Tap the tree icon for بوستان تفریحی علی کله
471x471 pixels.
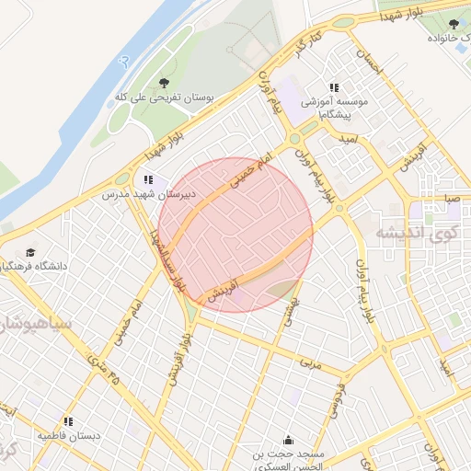pyautogui.click(x=165, y=82)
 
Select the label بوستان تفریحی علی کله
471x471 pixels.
pyautogui.click(x=165, y=97)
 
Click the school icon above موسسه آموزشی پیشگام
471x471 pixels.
pyautogui.click(x=334, y=87)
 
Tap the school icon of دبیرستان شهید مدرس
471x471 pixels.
pyautogui.click(x=148, y=180)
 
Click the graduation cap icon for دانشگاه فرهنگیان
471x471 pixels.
pyautogui.click(x=31, y=252)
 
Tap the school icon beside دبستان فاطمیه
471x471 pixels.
pyautogui.click(x=68, y=420)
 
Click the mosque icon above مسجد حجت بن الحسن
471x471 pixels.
pyautogui.click(x=289, y=440)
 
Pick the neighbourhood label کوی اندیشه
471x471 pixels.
pyautogui.click(x=417, y=234)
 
